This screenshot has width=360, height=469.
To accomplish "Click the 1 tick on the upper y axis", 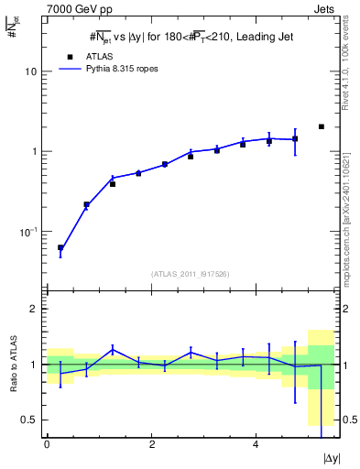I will (x=36, y=151).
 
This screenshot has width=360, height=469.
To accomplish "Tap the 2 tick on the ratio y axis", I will (x=36, y=309).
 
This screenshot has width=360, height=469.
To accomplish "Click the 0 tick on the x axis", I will (x=47, y=443).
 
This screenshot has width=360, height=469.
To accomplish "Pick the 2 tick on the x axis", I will (x=151, y=443).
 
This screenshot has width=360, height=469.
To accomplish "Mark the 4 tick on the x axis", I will (x=256, y=443).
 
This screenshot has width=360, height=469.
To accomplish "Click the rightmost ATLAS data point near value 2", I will (x=322, y=126).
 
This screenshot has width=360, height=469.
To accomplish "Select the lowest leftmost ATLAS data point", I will (x=60, y=247).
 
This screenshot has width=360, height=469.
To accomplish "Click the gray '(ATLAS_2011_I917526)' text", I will (x=191, y=274).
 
